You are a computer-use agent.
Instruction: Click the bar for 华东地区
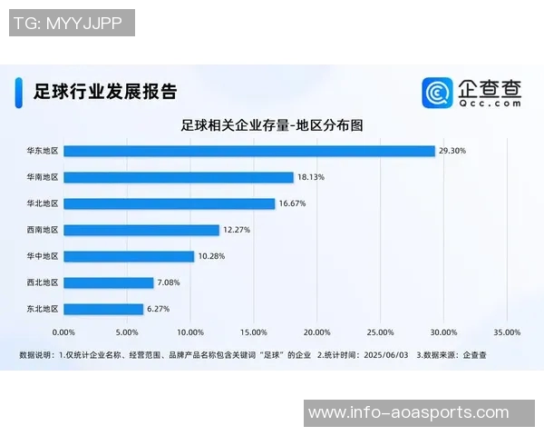click(249, 151)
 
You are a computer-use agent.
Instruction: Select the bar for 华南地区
click(179, 177)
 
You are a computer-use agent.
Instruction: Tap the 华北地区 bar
click(170, 203)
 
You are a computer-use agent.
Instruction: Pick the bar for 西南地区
click(142, 230)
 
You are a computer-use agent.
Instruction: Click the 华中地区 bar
click(130, 256)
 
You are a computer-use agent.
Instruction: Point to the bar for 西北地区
click(109, 282)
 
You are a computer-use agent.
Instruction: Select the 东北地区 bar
click(104, 309)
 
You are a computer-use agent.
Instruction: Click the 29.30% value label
click(452, 151)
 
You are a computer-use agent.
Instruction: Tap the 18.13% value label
click(311, 177)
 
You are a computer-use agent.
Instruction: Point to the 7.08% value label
click(169, 282)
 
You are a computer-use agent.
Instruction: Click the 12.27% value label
click(237, 230)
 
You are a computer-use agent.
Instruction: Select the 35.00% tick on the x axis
click(507, 332)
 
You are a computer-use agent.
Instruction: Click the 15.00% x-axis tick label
click(254, 332)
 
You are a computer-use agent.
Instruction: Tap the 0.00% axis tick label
click(64, 332)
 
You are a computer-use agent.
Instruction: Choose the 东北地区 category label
click(43, 309)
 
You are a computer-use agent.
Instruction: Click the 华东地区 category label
click(43, 151)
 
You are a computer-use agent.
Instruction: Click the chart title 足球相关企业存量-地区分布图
click(272, 125)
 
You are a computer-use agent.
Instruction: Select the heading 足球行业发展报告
click(104, 92)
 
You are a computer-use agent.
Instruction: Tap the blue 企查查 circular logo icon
click(437, 93)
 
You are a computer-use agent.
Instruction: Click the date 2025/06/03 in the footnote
click(387, 354)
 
